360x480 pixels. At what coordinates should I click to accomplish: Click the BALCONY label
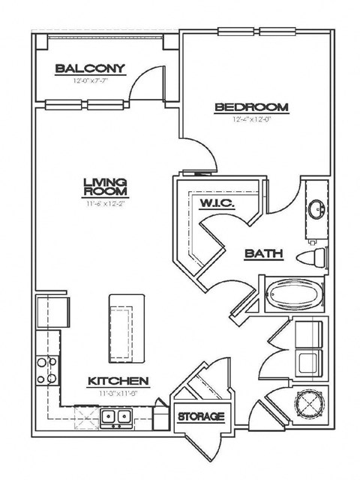coord(89,69)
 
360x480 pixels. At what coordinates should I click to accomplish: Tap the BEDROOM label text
coord(247,107)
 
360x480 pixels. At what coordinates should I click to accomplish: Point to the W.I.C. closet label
coord(217,203)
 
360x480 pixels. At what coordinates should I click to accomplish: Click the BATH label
coord(264,254)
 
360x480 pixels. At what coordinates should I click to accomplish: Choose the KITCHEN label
coord(116,380)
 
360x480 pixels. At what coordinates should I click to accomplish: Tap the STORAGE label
coord(200,415)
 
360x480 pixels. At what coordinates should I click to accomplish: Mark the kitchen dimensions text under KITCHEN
coord(116,391)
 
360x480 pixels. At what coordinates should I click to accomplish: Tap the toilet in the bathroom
coord(315,257)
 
